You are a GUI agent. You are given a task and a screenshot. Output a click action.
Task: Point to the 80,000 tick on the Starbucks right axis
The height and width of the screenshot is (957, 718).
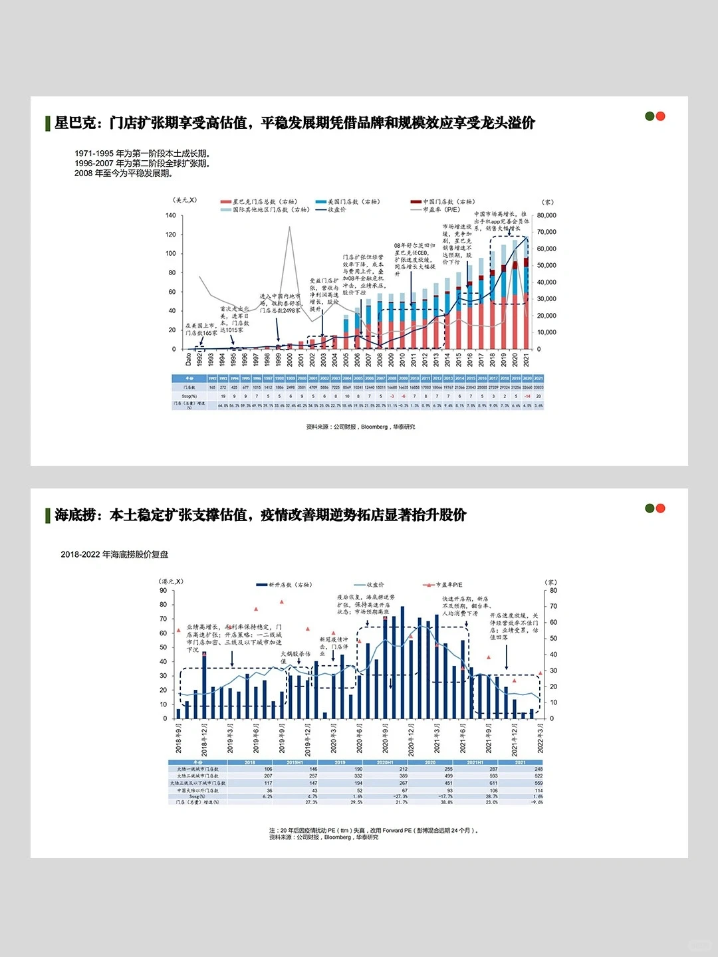coord(546,215)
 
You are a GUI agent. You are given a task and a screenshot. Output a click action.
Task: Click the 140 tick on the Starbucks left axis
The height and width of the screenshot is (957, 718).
coord(171,215)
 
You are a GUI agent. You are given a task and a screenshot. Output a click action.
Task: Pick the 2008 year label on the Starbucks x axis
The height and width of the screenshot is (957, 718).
coord(380,360)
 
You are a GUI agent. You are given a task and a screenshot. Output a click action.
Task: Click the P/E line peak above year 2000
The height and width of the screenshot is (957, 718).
coord(289,227)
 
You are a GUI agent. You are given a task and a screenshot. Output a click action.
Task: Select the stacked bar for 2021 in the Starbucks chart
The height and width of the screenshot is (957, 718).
coord(527,292)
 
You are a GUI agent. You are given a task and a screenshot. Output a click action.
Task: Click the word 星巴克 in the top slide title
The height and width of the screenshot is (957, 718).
coord(75,123)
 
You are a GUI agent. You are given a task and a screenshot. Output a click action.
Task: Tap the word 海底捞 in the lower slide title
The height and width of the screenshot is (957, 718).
coord(75,515)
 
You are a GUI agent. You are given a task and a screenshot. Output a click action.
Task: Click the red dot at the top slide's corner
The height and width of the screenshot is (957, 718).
coord(661,116)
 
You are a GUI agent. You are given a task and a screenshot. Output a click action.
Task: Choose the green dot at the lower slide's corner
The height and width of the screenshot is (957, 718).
coord(650,508)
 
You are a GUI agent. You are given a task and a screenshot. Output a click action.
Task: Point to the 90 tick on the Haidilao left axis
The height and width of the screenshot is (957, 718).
coord(164,590)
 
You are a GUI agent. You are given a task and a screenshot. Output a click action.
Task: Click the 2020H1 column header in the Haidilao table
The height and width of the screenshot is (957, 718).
coord(385,762)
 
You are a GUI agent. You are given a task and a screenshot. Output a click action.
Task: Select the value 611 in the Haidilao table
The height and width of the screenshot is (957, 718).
coord(493,783)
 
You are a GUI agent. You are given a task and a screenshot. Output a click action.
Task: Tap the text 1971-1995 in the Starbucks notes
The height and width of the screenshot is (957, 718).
coord(94,154)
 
